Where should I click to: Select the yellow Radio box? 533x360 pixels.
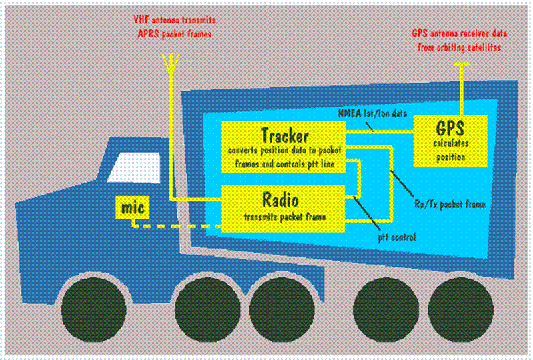[284, 207]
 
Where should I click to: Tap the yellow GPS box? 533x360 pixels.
[450, 140]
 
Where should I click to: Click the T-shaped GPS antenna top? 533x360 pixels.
[462, 65]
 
